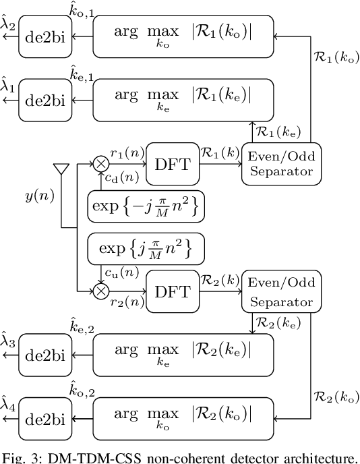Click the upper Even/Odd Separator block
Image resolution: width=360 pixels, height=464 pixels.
tap(282, 163)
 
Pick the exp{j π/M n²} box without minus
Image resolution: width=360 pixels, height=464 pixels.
tap(146, 249)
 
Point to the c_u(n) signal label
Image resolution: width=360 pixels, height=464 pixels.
tap(119, 272)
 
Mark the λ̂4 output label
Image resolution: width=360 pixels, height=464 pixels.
tap(9, 407)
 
